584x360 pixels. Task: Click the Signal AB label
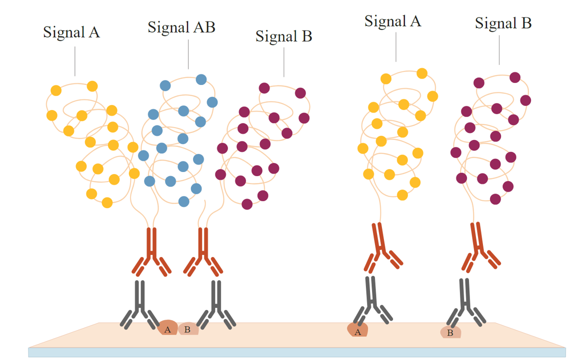coord(181,27)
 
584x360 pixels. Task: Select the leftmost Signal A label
coord(71,32)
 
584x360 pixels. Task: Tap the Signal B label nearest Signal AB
coord(283,36)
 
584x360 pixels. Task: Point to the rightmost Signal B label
coord(503,23)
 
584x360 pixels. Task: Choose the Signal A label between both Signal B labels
coord(392,21)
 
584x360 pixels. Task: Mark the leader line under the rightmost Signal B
coord(499,50)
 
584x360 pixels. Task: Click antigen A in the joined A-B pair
coord(167,328)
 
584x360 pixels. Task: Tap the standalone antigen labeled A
coord(357,330)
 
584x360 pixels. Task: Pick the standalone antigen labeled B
coord(450,331)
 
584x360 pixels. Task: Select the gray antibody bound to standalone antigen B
coord(465,300)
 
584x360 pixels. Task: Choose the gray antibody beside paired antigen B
coord(216,302)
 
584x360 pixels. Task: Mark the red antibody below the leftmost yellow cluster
coord(151,252)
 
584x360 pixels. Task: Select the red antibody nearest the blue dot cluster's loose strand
coord(202,252)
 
